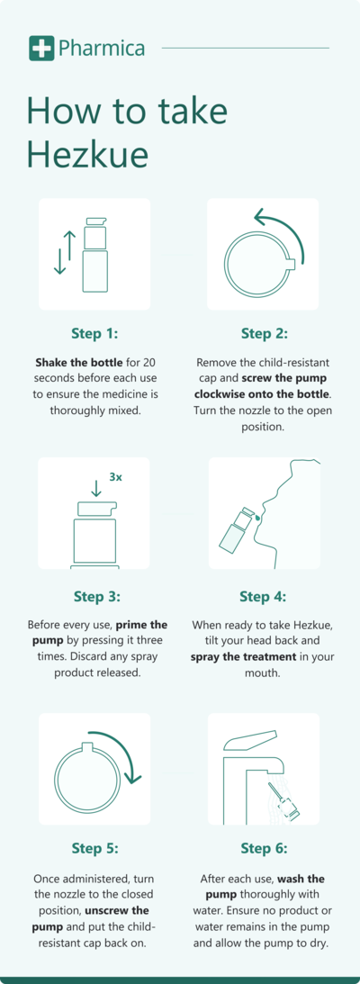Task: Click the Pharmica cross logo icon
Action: click(x=40, y=48)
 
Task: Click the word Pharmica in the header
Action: click(x=101, y=48)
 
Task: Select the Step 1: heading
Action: click(x=94, y=333)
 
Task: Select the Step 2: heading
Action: click(x=264, y=333)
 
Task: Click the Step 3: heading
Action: click(x=94, y=596)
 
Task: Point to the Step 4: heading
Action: click(x=264, y=596)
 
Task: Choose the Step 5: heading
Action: click(x=94, y=847)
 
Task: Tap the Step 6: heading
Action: click(x=264, y=847)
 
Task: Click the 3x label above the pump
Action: click(x=115, y=477)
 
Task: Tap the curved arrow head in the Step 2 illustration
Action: click(x=260, y=218)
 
